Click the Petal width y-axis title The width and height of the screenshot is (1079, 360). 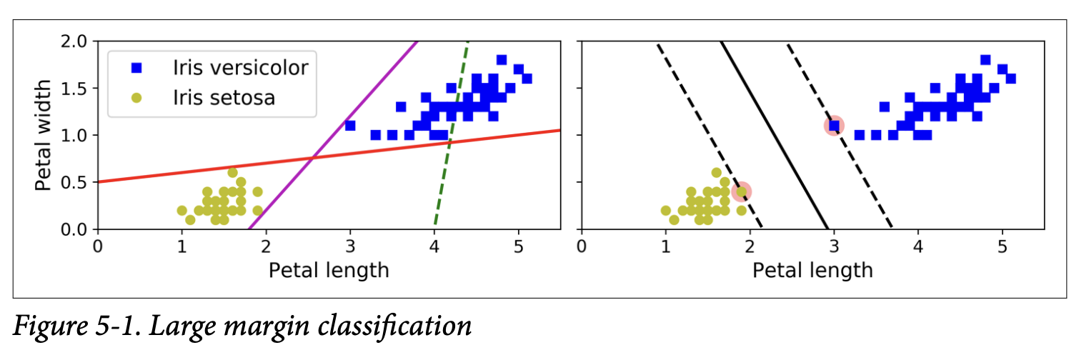44,135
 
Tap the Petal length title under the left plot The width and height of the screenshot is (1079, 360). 329,270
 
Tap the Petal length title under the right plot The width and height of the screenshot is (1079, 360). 812,270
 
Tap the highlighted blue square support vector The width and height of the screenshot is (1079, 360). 834,126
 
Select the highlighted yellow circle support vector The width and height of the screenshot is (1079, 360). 742,191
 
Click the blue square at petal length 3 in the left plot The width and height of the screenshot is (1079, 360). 350,126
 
